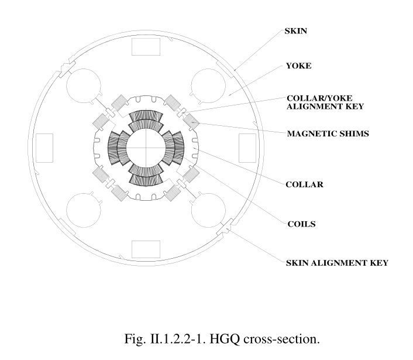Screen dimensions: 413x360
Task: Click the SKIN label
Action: point(295,31)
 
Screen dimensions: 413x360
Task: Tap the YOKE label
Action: point(299,66)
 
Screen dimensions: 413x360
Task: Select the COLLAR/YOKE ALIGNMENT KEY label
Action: point(325,102)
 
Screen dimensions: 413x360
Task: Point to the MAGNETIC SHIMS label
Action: point(328,133)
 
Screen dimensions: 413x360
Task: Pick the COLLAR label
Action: point(304,184)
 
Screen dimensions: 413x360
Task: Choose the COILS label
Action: point(302,224)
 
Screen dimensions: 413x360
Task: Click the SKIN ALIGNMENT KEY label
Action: point(337,263)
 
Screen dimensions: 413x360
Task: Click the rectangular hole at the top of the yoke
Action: point(146,47)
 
